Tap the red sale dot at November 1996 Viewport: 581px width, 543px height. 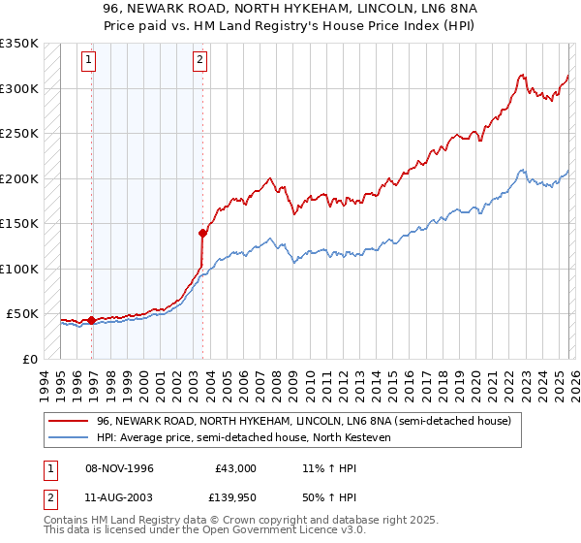tap(91, 320)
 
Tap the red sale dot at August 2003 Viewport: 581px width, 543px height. tap(202, 233)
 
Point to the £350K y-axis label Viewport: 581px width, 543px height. tap(19, 44)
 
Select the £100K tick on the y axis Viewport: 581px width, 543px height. tap(19, 269)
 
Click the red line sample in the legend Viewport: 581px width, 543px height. tap(70, 420)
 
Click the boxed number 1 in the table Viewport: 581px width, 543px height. tap(49, 468)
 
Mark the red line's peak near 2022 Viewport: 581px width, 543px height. tap(521, 75)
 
